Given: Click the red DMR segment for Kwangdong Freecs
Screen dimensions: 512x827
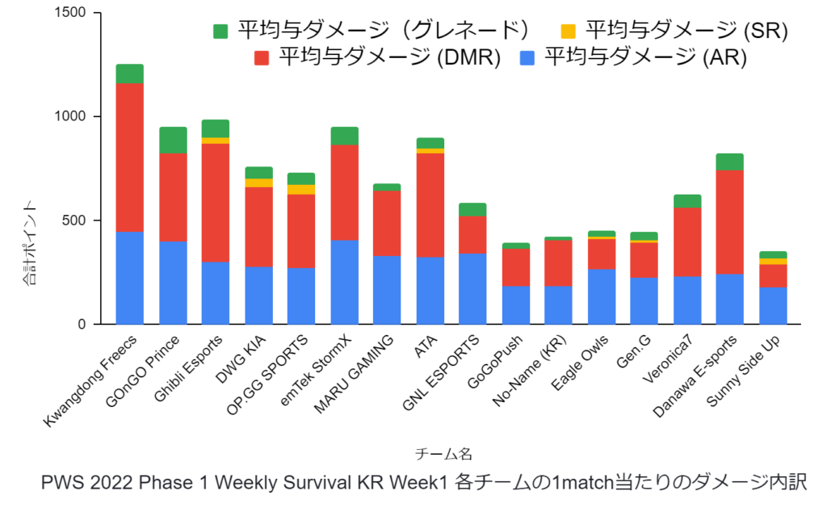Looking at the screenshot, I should [129, 157].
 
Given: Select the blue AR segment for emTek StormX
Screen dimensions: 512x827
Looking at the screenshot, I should [344, 282].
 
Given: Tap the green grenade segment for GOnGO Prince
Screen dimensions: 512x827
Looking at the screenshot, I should [173, 140].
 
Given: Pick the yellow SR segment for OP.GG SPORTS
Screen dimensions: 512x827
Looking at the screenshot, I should [301, 190].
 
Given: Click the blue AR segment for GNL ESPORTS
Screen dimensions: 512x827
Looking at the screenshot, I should [472, 288].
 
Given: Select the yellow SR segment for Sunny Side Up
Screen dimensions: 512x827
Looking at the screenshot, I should [773, 261].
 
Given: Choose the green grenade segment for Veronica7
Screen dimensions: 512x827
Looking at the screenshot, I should [686, 201].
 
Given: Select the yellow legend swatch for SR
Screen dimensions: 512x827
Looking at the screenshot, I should [569, 31].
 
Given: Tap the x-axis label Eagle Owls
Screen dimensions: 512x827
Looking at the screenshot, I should [580, 369].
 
